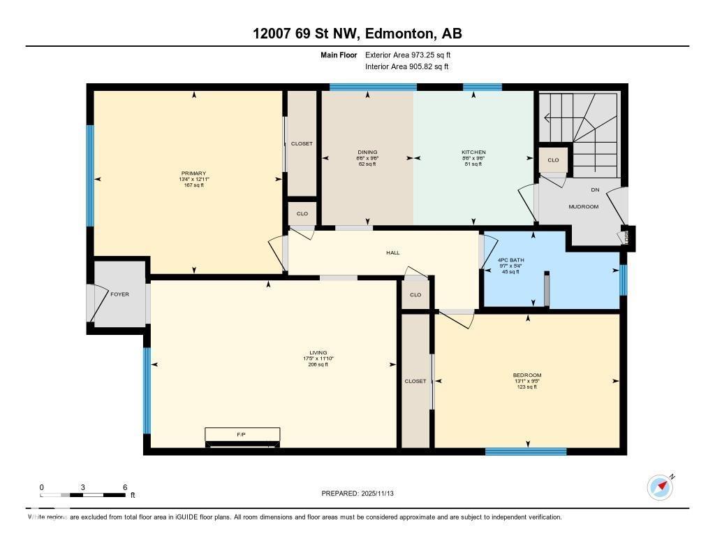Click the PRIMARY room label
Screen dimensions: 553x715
pyautogui.click(x=193, y=173)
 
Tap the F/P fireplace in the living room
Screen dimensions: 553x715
pyautogui.click(x=242, y=435)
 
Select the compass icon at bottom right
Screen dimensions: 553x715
pyautogui.click(x=659, y=487)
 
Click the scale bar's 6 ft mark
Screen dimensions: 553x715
pyautogui.click(x=125, y=487)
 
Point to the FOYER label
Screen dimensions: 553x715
pyautogui.click(x=119, y=294)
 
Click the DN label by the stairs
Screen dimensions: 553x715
pyautogui.click(x=595, y=189)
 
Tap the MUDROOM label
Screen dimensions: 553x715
pyautogui.click(x=583, y=206)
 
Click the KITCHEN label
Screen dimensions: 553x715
pyautogui.click(x=473, y=152)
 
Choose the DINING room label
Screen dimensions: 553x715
pyautogui.click(x=367, y=152)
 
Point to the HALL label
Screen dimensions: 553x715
pyautogui.click(x=392, y=252)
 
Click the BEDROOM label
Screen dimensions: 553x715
pyautogui.click(x=526, y=375)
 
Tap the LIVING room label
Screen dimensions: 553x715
pyautogui.click(x=318, y=353)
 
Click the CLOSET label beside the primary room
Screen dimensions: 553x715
pyautogui.click(x=302, y=143)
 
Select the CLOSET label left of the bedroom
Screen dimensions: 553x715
pyautogui.click(x=415, y=381)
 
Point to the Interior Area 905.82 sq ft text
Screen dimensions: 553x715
pyautogui.click(x=406, y=66)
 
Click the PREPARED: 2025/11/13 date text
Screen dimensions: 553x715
pyautogui.click(x=362, y=494)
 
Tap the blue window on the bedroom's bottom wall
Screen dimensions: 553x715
pyautogui.click(x=526, y=452)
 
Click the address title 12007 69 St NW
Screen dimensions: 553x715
pyautogui.click(x=357, y=34)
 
